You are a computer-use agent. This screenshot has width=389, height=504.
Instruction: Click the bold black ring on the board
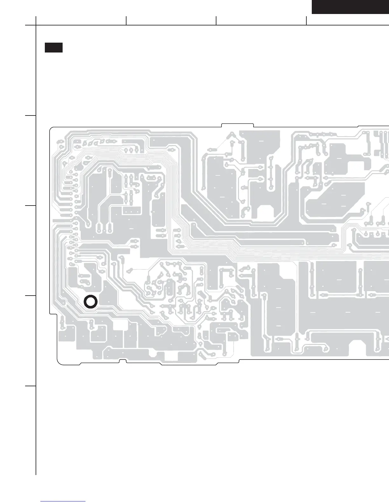click(90, 302)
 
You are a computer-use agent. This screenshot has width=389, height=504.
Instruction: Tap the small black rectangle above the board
click(53, 47)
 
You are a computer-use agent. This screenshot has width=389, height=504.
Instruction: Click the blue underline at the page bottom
click(63, 501)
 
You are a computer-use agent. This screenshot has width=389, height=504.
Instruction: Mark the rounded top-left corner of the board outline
click(51, 129)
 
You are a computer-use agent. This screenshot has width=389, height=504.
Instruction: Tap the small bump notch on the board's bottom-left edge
click(123, 361)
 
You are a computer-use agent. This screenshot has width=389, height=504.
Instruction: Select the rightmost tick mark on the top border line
click(306, 21)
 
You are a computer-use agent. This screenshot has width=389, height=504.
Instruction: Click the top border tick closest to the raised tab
click(216, 21)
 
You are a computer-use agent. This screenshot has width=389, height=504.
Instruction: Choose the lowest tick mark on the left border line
click(31, 386)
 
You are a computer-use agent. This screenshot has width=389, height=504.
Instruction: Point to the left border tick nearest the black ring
click(31, 296)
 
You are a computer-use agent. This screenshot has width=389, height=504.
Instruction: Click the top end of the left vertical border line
click(36, 17)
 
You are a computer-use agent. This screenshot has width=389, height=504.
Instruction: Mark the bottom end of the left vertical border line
click(36, 474)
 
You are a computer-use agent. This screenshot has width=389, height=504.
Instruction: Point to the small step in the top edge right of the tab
click(358, 127)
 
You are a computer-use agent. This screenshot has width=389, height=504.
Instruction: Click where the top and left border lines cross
click(36, 25)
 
